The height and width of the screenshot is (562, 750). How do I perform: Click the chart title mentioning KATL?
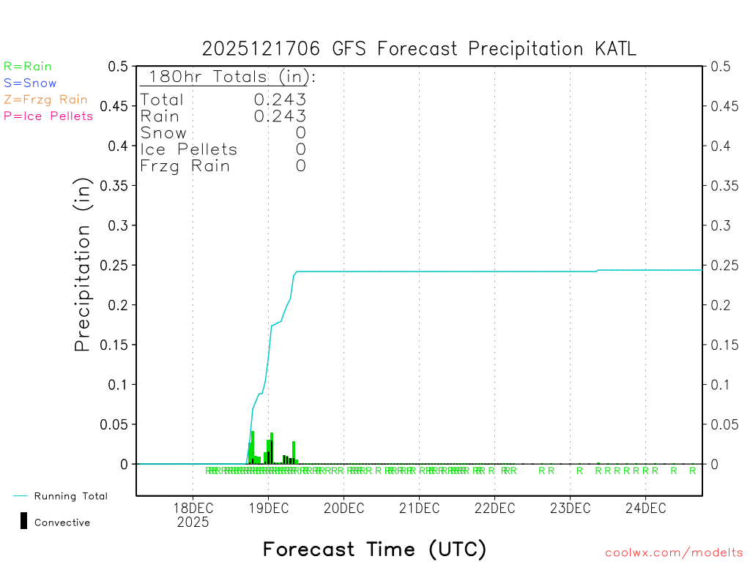click(419, 49)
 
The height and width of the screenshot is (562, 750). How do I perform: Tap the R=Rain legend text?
click(28, 67)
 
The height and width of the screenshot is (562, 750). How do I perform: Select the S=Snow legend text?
click(30, 83)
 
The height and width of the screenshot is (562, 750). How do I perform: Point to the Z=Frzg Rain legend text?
click(45, 100)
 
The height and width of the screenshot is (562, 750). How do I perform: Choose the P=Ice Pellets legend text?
click(48, 116)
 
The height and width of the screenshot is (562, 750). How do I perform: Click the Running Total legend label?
click(70, 496)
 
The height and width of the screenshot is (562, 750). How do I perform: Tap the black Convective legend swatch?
click(24, 520)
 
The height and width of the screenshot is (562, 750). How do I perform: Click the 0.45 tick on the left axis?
click(117, 106)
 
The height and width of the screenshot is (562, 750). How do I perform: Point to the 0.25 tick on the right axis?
click(721, 265)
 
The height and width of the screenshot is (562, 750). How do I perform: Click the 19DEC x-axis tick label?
click(268, 509)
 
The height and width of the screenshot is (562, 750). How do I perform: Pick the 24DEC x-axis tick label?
click(645, 509)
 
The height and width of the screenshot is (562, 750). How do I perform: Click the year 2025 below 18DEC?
click(193, 522)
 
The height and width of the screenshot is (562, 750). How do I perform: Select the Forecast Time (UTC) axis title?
click(374, 549)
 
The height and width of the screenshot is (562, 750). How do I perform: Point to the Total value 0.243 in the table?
click(280, 100)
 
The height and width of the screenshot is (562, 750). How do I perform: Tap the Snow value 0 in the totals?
click(300, 132)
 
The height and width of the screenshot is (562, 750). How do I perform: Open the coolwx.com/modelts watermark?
click(674, 553)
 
